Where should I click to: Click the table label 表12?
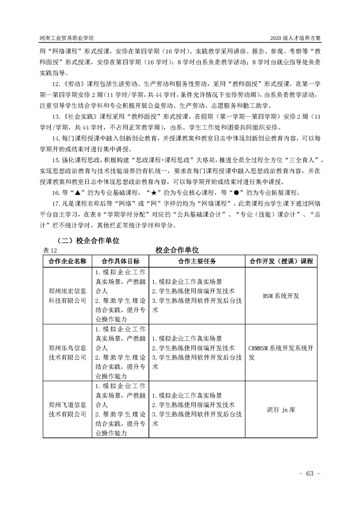(x=50, y=250)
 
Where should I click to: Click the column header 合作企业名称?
(x=67, y=261)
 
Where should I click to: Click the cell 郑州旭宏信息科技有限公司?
(x=67, y=295)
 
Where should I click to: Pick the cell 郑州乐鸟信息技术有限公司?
(x=67, y=352)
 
